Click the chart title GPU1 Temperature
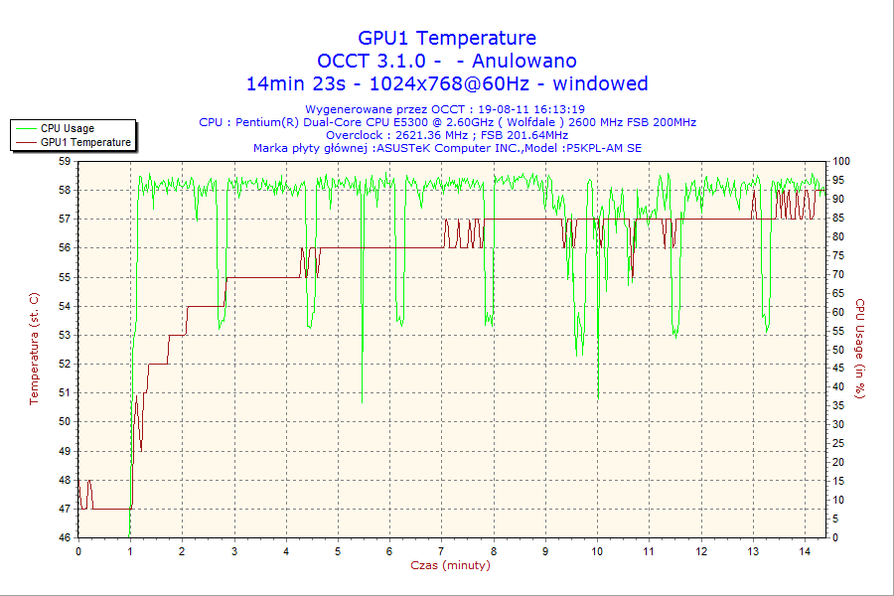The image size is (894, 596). [x=447, y=38]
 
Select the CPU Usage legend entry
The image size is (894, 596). [x=67, y=128]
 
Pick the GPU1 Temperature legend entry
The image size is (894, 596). [x=85, y=142]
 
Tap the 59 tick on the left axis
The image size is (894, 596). [x=65, y=161]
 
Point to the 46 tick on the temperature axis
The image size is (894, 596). [x=65, y=538]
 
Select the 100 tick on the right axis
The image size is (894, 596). [x=841, y=161]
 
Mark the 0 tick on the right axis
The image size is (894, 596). [x=836, y=538]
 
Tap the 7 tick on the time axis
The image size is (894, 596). [x=442, y=550]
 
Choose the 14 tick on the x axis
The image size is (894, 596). [x=805, y=550]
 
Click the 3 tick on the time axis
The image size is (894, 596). [x=234, y=550]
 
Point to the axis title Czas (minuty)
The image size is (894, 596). [x=450, y=565]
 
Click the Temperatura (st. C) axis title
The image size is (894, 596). [x=34, y=349]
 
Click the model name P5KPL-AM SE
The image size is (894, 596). [x=604, y=148]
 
